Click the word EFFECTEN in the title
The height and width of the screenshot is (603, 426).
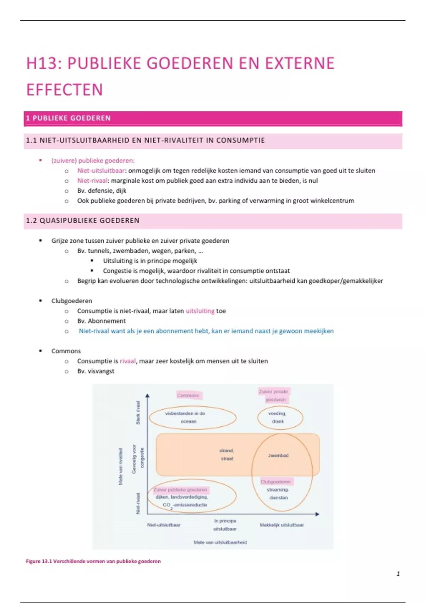65,90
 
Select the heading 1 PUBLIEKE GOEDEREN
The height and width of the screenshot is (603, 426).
68,118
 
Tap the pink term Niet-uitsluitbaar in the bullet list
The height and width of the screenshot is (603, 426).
101,171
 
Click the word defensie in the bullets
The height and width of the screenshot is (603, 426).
100,190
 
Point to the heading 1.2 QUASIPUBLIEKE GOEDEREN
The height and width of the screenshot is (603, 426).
83,220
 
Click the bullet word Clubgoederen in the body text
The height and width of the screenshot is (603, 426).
72,301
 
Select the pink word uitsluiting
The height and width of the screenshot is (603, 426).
200,311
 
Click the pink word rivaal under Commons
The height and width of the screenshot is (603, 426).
127,361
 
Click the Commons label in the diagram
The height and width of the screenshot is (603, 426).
188,395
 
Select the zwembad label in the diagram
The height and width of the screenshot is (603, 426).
278,455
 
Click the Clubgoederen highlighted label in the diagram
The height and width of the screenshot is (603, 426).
275,482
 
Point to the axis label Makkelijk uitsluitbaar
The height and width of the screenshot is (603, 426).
282,525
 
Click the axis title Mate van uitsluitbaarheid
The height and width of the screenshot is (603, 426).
220,542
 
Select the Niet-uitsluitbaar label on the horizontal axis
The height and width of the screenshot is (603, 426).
164,525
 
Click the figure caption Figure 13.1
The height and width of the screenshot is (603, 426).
93,561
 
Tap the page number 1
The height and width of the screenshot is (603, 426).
398,574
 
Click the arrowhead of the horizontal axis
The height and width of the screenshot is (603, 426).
317,514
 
